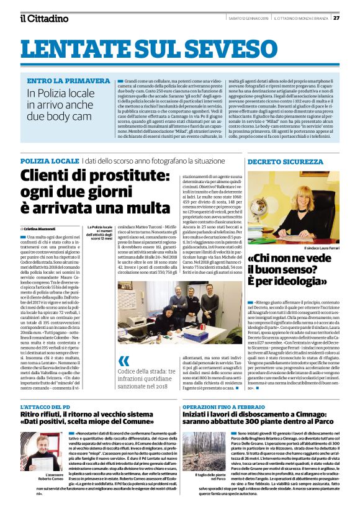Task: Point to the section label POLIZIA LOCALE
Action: [50, 161]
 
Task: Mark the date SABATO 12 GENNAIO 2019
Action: [241, 17]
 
